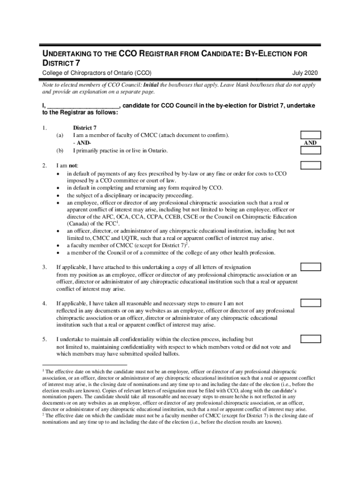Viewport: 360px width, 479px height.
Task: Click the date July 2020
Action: pos(305,73)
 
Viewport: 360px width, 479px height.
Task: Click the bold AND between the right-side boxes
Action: pos(310,143)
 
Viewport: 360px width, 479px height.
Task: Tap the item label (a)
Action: pos(59,136)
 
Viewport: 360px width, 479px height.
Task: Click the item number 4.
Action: pos(44,304)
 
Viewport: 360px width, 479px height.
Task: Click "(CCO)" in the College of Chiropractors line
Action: pos(142,73)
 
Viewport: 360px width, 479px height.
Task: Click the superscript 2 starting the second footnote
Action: pos(43,414)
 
